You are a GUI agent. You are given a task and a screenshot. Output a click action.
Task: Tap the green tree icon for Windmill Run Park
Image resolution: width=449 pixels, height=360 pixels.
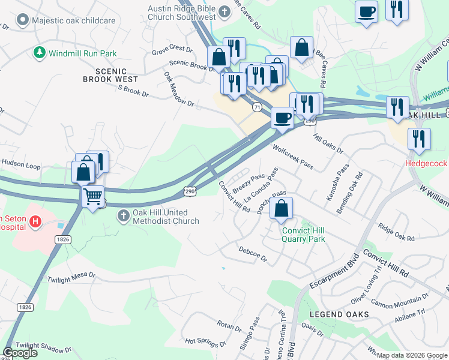pos(40,53)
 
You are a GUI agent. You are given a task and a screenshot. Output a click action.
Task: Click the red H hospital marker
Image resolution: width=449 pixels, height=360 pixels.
pos(36,222)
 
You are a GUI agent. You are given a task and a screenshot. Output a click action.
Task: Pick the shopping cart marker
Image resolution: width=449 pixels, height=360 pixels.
pos(92,196)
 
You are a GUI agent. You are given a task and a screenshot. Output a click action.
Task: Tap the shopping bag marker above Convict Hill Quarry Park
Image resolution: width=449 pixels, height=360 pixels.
pos(281,209)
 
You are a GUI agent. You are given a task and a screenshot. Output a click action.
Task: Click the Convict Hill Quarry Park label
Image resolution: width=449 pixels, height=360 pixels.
pos(303,234)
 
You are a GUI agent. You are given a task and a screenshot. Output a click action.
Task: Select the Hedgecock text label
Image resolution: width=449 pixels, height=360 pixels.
pos(427,163)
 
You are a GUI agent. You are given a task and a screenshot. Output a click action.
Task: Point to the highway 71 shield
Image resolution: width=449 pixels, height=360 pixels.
pos(257,107)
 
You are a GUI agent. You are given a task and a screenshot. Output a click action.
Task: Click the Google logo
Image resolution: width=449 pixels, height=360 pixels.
pos(20,353)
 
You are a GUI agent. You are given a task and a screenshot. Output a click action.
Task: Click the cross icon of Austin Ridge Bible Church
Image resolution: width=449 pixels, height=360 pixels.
pos(223,11)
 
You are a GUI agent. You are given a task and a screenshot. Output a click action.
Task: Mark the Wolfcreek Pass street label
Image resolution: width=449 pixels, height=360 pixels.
pos(293,155)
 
